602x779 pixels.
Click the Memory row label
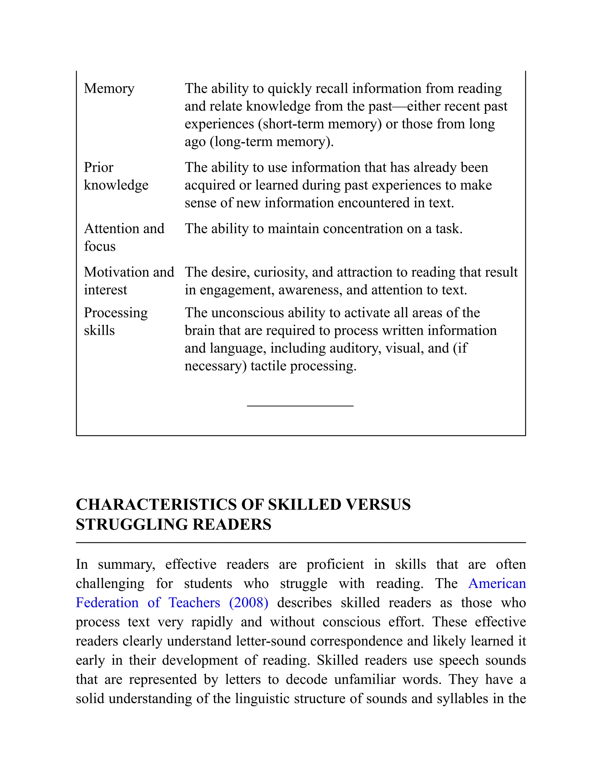pyautogui.click(x=109, y=88)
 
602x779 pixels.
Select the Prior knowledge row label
pyautogui.click(x=116, y=176)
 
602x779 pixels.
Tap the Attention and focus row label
pyautogui.click(x=124, y=237)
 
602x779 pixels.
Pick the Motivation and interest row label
pyautogui.click(x=129, y=281)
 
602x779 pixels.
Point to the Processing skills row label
pyautogui.click(x=116, y=321)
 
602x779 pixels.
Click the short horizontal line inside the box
pyautogui.click(x=300, y=406)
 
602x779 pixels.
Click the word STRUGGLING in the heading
pyautogui.click(x=132, y=525)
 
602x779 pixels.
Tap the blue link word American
pyautogui.click(x=497, y=584)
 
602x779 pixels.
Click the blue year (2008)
pyautogui.click(x=249, y=603)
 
